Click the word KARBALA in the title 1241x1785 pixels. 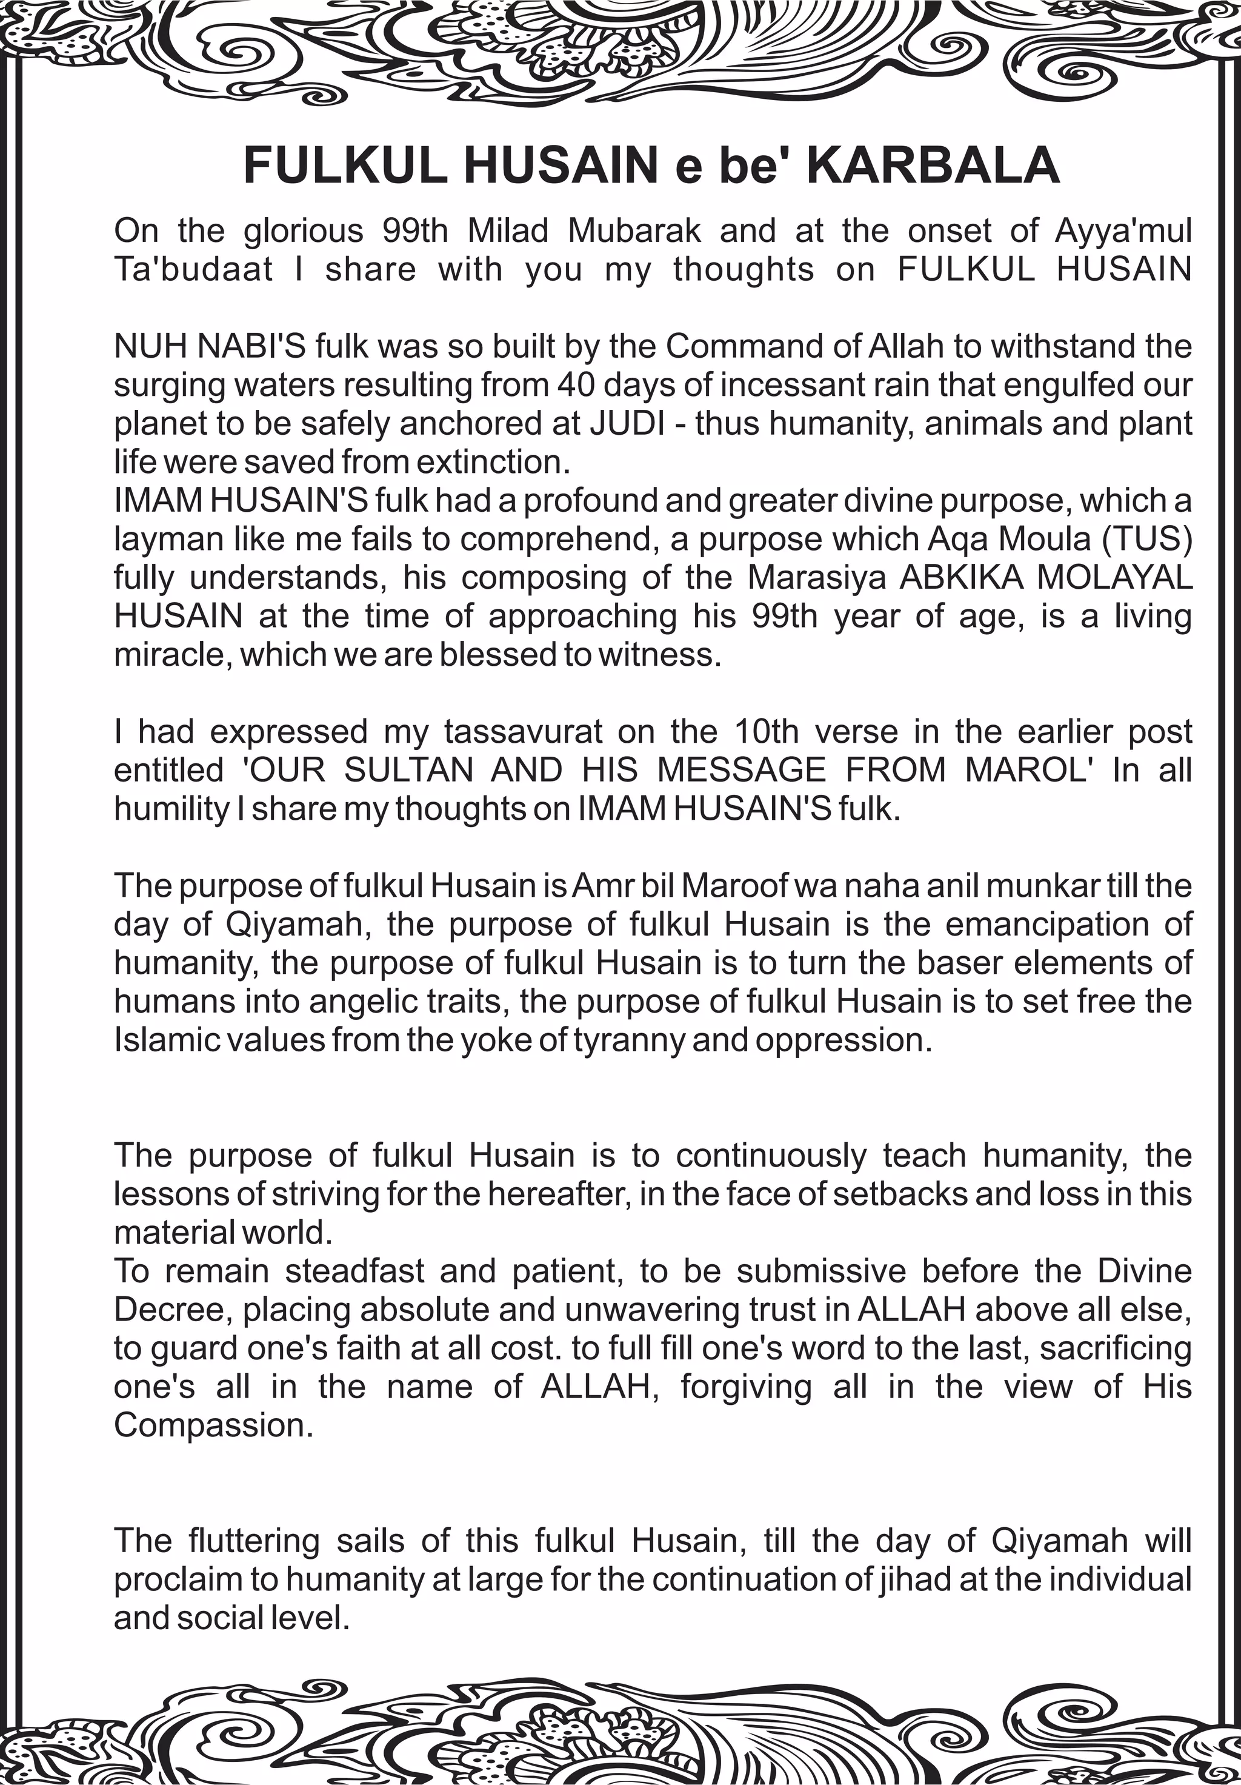point(933,165)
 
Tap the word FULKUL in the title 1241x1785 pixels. point(345,165)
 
